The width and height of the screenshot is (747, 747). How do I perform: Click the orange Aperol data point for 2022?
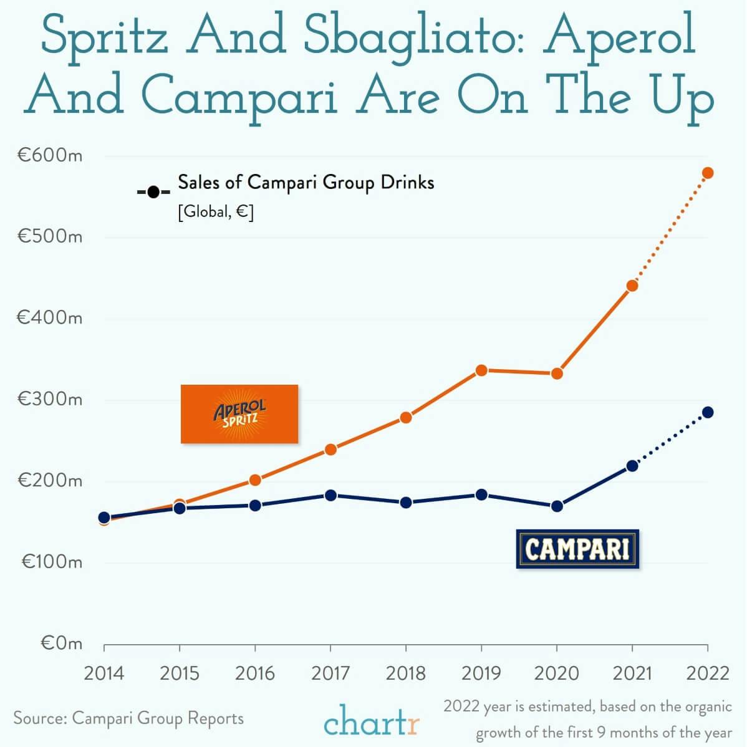pos(707,173)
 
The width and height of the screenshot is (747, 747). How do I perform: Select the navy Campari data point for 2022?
pos(707,412)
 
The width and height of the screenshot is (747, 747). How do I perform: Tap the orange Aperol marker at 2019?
pos(481,370)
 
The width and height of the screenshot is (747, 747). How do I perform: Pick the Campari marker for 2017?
pos(330,495)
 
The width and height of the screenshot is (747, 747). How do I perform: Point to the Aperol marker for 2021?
pos(632,286)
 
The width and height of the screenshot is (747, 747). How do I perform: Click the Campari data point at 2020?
pos(557,506)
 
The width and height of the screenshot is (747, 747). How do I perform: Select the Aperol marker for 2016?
pos(255,480)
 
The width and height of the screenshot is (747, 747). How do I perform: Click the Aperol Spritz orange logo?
pos(239,414)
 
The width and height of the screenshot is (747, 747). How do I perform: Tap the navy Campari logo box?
pos(577,549)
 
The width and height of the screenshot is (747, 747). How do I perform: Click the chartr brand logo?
pos(372,721)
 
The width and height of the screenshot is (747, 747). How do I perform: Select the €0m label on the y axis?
pos(61,643)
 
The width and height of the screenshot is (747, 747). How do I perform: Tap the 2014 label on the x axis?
pos(104,673)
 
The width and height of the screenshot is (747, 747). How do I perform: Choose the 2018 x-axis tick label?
pos(406,673)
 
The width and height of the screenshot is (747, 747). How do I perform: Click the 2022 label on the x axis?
pos(707,673)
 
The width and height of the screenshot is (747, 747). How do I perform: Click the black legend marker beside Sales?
pos(153,191)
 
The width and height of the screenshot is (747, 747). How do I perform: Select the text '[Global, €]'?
pos(216,212)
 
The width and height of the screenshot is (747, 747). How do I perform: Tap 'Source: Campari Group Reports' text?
pos(128,718)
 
